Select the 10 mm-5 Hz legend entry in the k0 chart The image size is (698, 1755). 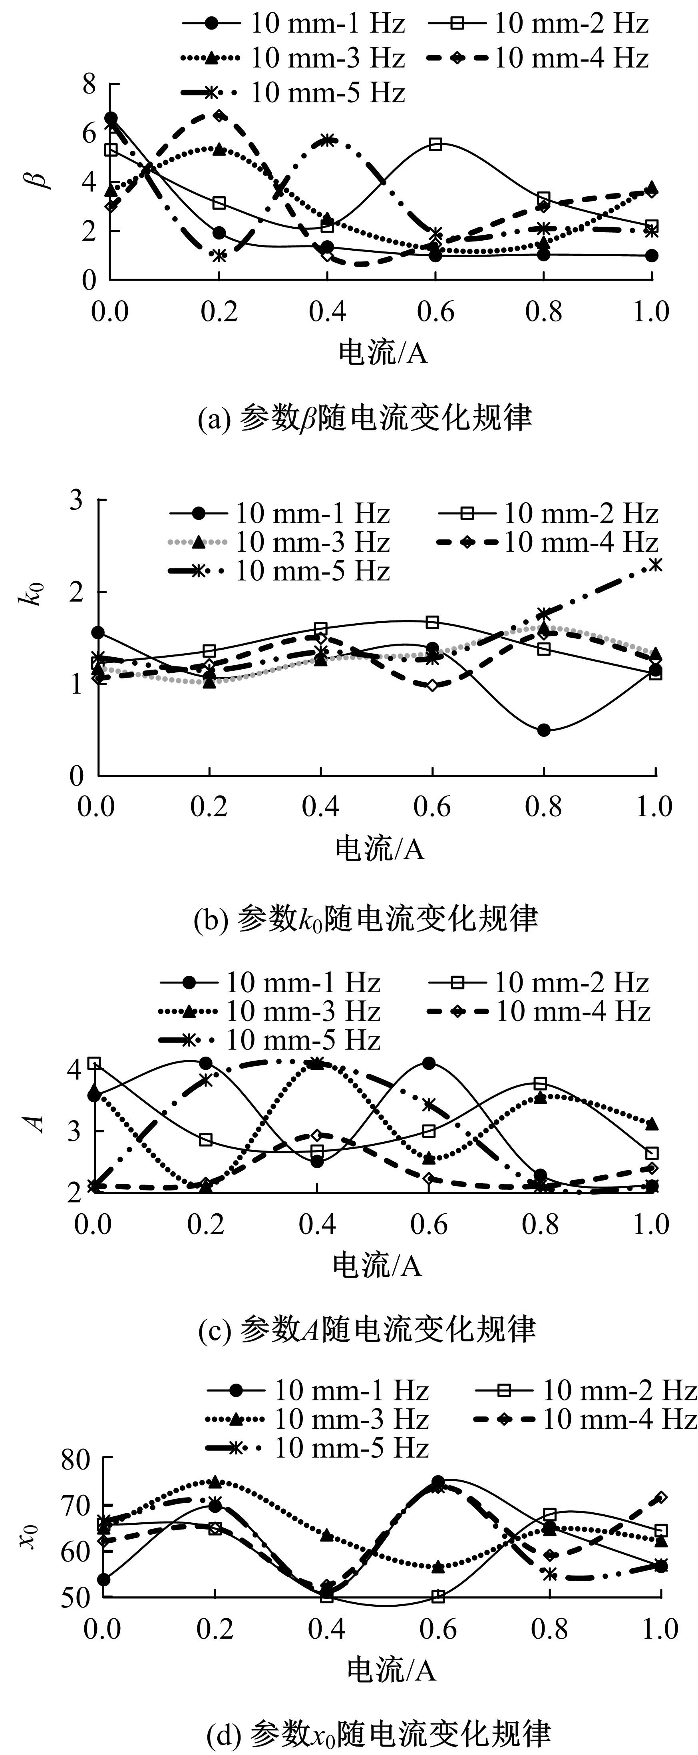279,570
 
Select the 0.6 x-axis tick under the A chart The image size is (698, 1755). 429,1224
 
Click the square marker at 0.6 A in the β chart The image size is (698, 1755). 436,144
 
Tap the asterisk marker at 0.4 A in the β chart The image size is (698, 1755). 328,140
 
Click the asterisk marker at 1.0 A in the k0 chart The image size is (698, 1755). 655,564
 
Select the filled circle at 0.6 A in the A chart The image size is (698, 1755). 428,1063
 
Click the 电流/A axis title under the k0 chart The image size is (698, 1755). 379,849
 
